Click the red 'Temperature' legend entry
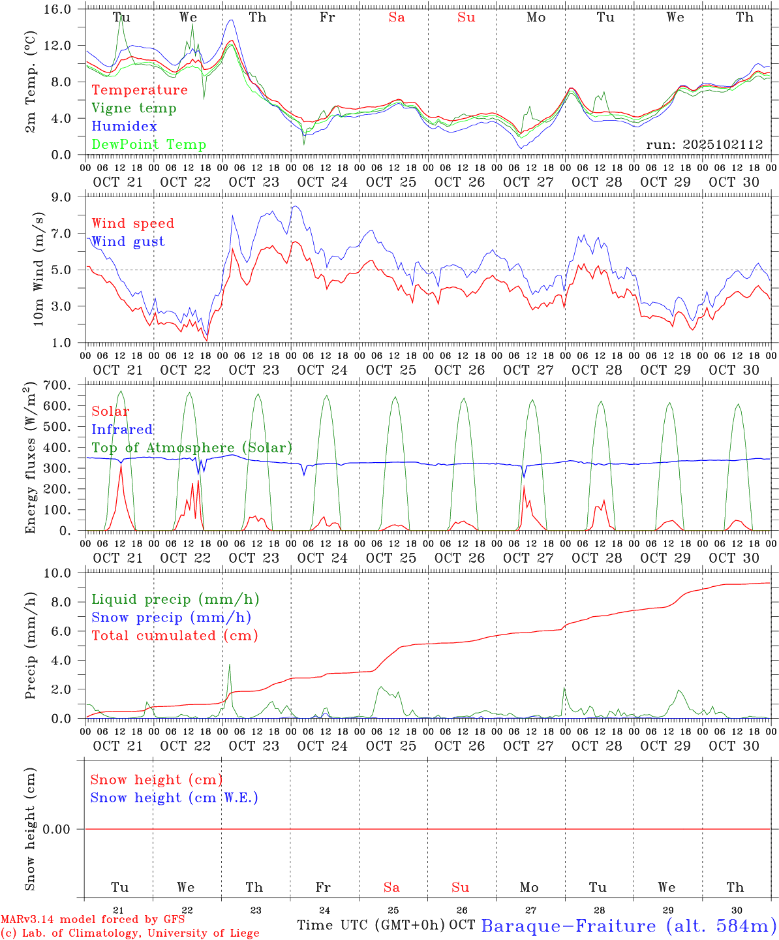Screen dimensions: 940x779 click(x=140, y=90)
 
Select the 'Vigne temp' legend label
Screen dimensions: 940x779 click(x=134, y=108)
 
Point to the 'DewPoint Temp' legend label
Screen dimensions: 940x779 click(x=149, y=145)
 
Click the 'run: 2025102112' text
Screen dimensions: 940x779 click(x=704, y=145)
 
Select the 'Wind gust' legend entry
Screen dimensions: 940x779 click(x=128, y=242)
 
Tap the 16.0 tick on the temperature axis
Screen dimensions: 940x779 click(x=65, y=9)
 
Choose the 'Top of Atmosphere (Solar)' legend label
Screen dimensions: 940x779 click(x=192, y=448)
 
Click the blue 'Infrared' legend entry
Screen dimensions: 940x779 click(x=122, y=430)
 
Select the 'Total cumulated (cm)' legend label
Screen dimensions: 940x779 click(x=175, y=636)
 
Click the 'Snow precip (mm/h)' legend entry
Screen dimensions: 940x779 click(x=171, y=618)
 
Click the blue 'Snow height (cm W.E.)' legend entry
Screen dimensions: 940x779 click(x=174, y=798)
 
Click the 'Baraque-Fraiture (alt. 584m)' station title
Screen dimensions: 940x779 click(x=629, y=926)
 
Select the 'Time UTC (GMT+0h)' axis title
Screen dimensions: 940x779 click(x=371, y=925)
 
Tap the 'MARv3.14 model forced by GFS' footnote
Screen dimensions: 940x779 click(x=93, y=919)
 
